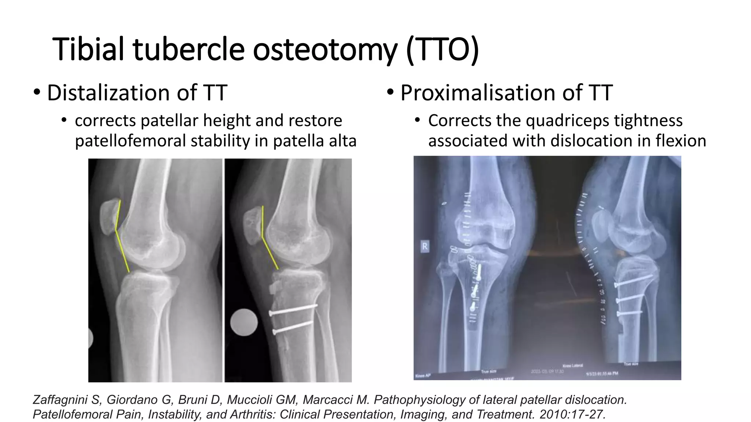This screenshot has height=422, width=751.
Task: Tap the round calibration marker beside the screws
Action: click(x=244, y=322)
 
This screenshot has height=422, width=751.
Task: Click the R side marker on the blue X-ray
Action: click(x=425, y=247)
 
